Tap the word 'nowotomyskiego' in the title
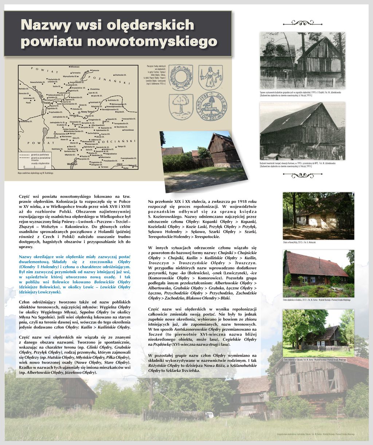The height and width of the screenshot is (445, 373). point(152,41)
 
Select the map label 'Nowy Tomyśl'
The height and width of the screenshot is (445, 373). point(88,112)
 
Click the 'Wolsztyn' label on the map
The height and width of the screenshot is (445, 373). point(72,164)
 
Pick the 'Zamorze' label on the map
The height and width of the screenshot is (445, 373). point(95,70)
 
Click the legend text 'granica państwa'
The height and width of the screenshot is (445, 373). point(40,155)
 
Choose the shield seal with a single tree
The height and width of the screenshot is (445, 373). point(181,106)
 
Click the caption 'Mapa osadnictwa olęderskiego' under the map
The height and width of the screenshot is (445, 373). point(35,173)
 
